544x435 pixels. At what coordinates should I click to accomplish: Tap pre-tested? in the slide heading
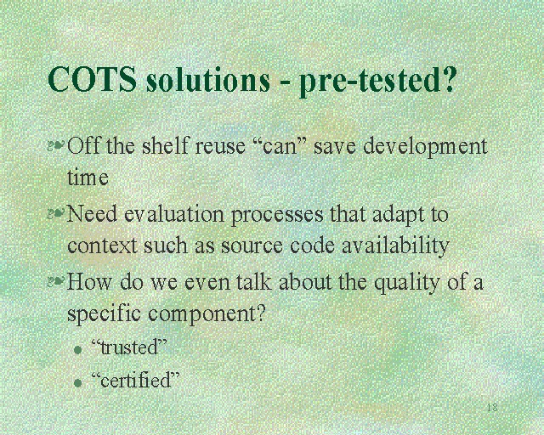(x=378, y=82)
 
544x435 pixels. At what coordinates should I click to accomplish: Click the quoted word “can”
(x=279, y=146)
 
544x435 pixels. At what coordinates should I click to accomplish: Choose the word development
(x=425, y=147)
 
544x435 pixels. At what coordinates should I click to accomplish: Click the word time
(x=88, y=178)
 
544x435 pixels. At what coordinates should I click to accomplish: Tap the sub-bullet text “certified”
(x=135, y=380)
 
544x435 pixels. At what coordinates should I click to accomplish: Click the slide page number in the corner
(x=491, y=408)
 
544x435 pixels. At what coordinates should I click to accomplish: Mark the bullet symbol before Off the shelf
(x=56, y=147)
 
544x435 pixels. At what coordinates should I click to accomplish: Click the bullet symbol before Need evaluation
(x=56, y=214)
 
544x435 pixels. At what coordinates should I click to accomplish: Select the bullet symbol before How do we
(x=56, y=281)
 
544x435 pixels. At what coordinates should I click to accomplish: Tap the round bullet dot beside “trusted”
(x=77, y=349)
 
